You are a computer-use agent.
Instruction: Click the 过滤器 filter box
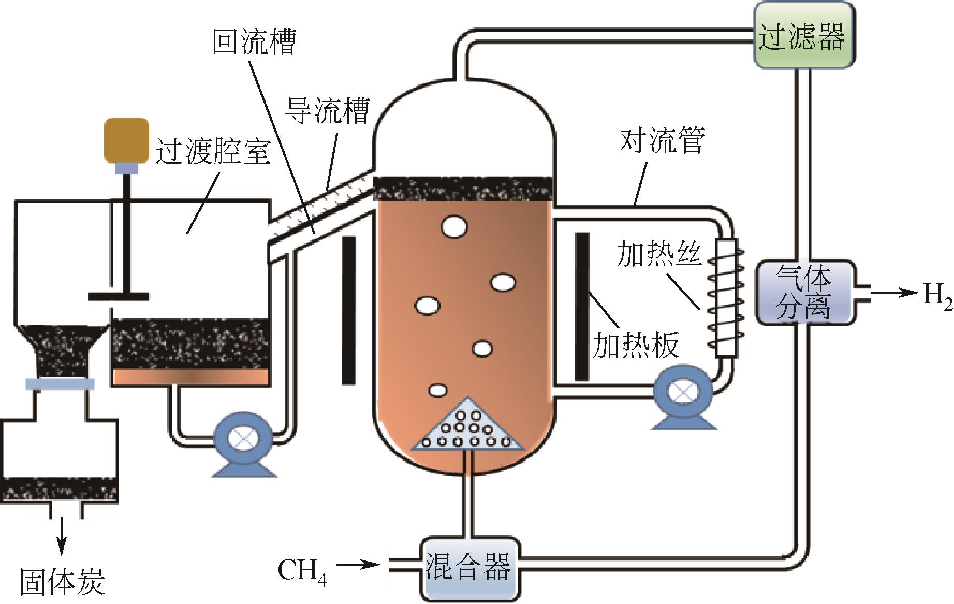click(x=802, y=35)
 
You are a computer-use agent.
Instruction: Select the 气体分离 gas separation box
click(x=804, y=293)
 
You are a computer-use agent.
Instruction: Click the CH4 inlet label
click(x=302, y=571)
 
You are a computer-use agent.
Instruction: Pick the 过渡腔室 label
click(x=213, y=151)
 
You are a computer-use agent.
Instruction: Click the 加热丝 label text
click(x=658, y=254)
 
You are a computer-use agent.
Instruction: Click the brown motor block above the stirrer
click(x=126, y=140)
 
